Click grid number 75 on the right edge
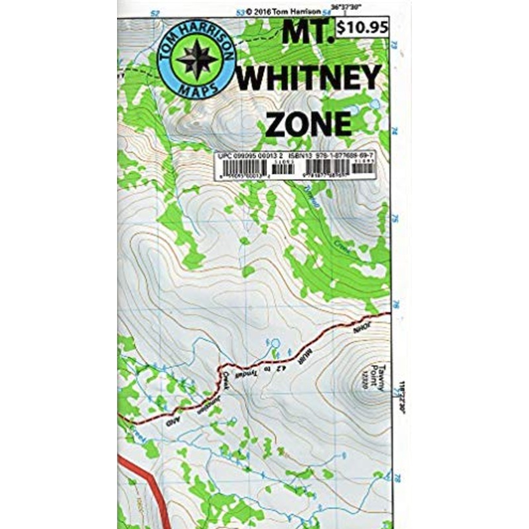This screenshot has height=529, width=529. (x=395, y=218)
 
